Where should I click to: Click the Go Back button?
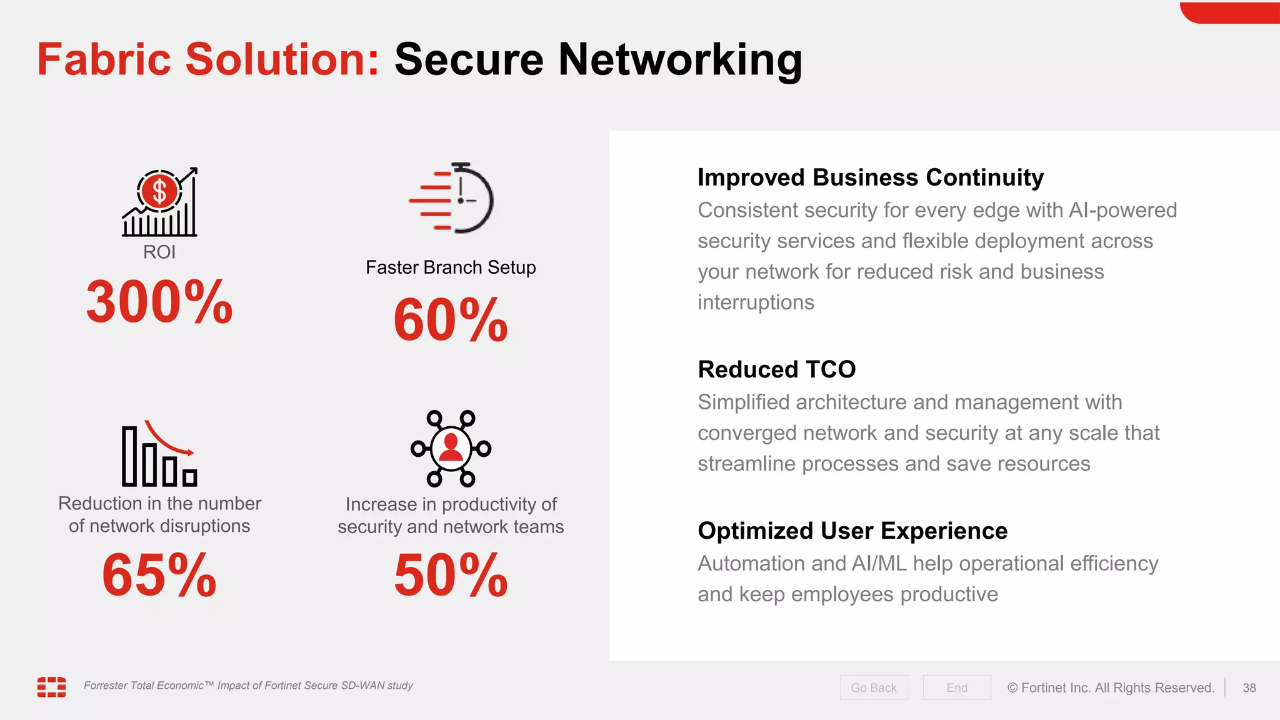873,687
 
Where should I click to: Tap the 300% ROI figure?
159,302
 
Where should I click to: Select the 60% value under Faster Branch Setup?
451,321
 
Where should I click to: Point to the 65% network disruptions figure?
159,575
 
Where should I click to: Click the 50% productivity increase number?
451,575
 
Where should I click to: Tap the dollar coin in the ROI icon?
159,191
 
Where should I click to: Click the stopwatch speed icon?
452,199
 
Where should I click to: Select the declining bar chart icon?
159,454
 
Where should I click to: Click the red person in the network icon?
451,447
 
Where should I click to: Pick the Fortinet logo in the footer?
51,686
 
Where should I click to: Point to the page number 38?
1249,687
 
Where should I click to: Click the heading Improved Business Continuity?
870,177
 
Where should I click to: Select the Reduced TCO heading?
776,369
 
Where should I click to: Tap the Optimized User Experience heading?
852,531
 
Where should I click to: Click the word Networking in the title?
680,60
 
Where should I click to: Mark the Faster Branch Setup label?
451,267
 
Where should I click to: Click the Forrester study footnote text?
248,686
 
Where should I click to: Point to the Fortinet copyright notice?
1111,687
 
